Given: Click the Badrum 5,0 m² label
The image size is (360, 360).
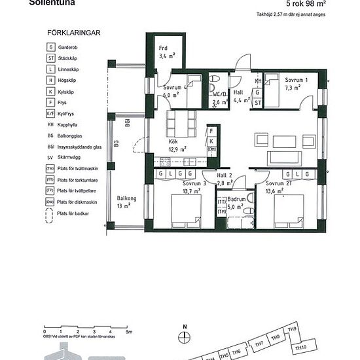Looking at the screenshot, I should (x=236, y=202).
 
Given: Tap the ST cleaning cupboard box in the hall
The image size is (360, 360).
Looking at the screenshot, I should (x=259, y=103).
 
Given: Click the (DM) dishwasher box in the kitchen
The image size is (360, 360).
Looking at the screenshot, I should (x=212, y=149).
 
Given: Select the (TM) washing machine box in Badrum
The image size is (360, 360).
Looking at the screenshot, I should (x=222, y=211).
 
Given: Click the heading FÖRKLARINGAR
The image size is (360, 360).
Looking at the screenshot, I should (x=74, y=32).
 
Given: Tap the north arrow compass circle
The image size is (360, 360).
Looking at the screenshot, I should (x=185, y=336).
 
